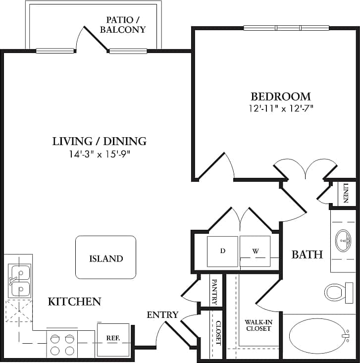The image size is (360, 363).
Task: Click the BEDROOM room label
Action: [x=280, y=96]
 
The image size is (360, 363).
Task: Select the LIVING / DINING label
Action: [x=100, y=141]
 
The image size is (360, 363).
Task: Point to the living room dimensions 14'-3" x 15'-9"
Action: [x=100, y=154]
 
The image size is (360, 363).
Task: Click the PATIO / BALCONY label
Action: [x=123, y=25]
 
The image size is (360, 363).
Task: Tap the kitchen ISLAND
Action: [x=105, y=258]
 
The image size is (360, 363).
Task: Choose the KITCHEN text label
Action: [x=74, y=301]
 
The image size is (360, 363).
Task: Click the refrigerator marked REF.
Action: [x=113, y=339]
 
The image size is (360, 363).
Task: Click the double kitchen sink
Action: [x=19, y=280]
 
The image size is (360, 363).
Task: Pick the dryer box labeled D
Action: [x=223, y=251]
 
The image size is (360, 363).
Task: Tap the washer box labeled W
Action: [x=256, y=251]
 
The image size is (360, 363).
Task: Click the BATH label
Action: [x=307, y=255]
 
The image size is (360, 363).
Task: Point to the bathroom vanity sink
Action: [x=343, y=241]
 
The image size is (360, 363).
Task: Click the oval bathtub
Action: [x=319, y=336]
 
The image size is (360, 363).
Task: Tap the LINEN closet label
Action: [x=346, y=193]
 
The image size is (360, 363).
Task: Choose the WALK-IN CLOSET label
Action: [x=257, y=325]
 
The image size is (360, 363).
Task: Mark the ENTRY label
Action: [x=162, y=315]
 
